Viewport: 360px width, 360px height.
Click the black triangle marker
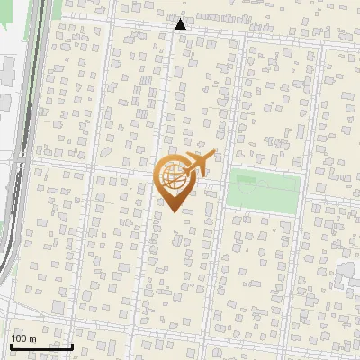click(x=180, y=24)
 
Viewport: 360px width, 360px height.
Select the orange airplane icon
click(x=199, y=165)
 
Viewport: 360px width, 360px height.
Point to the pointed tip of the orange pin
click(x=172, y=210)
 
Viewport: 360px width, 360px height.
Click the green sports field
click(x=263, y=190)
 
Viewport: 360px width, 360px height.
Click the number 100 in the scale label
click(x=19, y=337)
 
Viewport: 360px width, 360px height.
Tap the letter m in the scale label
click(x=32, y=337)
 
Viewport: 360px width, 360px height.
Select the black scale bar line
click(x=41, y=346)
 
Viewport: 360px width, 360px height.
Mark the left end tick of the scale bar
click(x=11, y=344)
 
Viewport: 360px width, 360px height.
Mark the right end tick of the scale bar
click(x=72, y=344)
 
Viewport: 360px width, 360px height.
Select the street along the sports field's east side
click(x=301, y=193)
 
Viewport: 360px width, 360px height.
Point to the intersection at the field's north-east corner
click(x=302, y=169)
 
